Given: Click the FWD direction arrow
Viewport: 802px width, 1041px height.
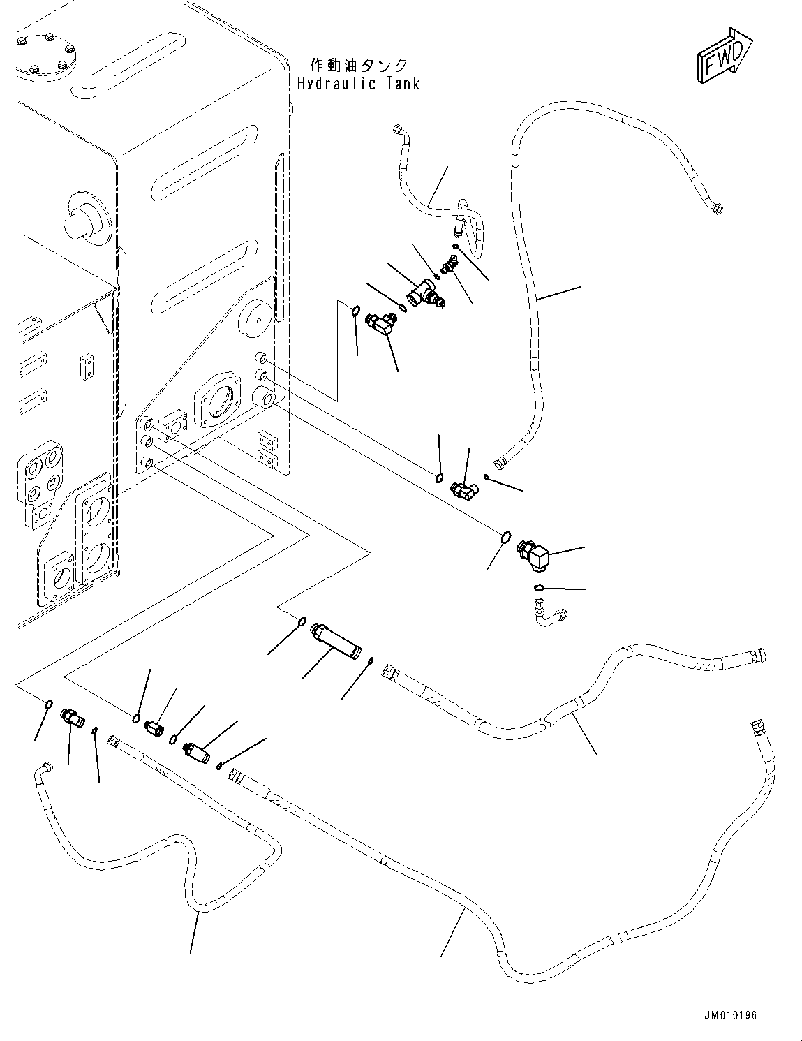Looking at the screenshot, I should point(722,55).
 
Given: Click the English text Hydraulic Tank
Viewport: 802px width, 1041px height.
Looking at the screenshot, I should point(358,84).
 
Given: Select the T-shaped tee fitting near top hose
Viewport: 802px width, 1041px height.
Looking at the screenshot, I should point(427,294).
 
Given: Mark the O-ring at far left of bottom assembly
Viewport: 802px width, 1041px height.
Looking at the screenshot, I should point(47,704).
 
